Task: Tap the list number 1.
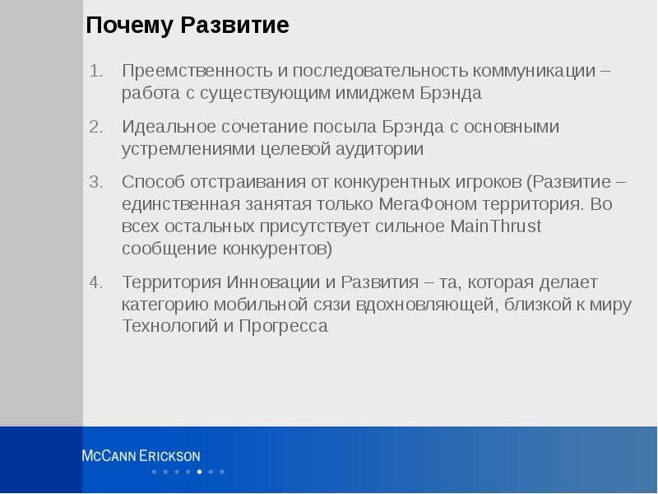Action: [96, 72]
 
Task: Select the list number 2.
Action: [96, 128]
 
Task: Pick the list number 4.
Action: [96, 282]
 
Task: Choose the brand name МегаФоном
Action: [424, 204]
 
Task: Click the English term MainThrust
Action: [496, 226]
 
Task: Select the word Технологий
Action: [169, 327]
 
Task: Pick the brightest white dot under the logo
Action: [199, 472]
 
